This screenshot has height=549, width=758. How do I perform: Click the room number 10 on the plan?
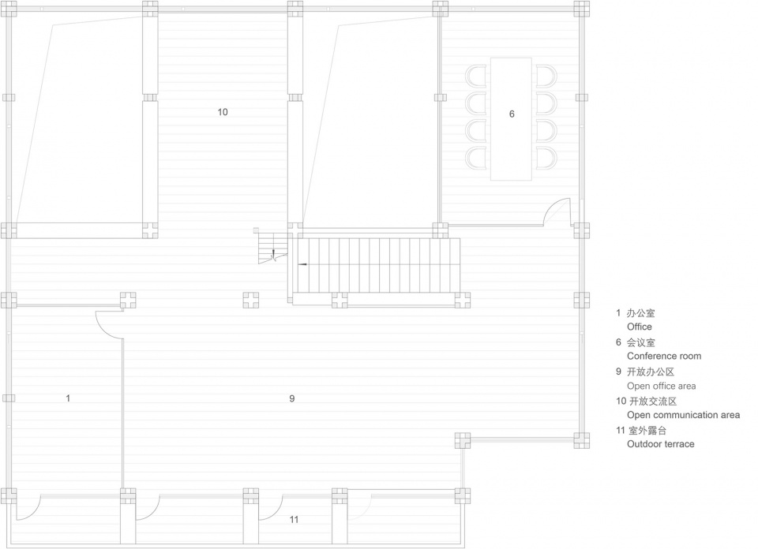[x=223, y=112]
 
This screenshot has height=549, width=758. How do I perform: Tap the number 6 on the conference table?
[x=512, y=114]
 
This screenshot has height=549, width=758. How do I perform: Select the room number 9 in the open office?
[x=292, y=398]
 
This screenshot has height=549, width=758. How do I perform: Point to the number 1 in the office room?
[x=68, y=398]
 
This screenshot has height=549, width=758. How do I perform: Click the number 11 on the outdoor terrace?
[x=294, y=520]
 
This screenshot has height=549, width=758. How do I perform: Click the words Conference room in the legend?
[x=664, y=356]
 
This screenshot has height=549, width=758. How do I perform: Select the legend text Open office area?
[x=662, y=386]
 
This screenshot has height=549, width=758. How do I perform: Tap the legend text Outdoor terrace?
[x=660, y=444]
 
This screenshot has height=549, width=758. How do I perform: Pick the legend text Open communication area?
[x=683, y=415]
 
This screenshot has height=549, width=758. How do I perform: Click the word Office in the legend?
[x=639, y=327]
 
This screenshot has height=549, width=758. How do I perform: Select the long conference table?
[x=511, y=119]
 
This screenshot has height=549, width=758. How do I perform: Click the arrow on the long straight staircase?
[x=303, y=264]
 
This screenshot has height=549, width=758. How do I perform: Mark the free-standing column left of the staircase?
[x=250, y=300]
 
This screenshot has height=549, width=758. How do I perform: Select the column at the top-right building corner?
[x=582, y=9]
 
